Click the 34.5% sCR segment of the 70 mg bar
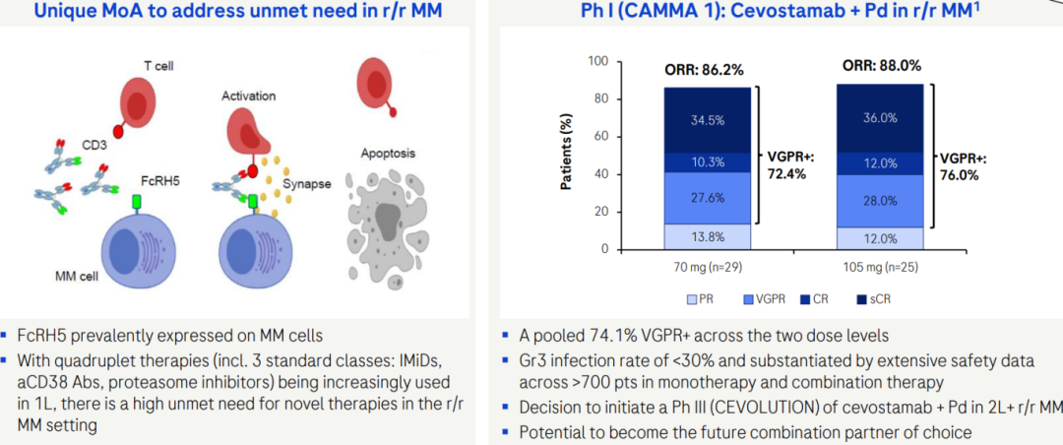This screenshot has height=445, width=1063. [x=708, y=120]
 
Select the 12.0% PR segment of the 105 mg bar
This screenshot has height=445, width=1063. [x=880, y=239]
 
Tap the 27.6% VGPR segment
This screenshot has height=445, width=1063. [x=708, y=198]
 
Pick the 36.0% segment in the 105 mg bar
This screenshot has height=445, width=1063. [x=880, y=118]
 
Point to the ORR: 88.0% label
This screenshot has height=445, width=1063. [x=881, y=66]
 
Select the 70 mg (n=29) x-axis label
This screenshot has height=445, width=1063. [x=708, y=266]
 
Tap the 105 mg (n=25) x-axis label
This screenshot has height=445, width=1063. [x=880, y=266]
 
